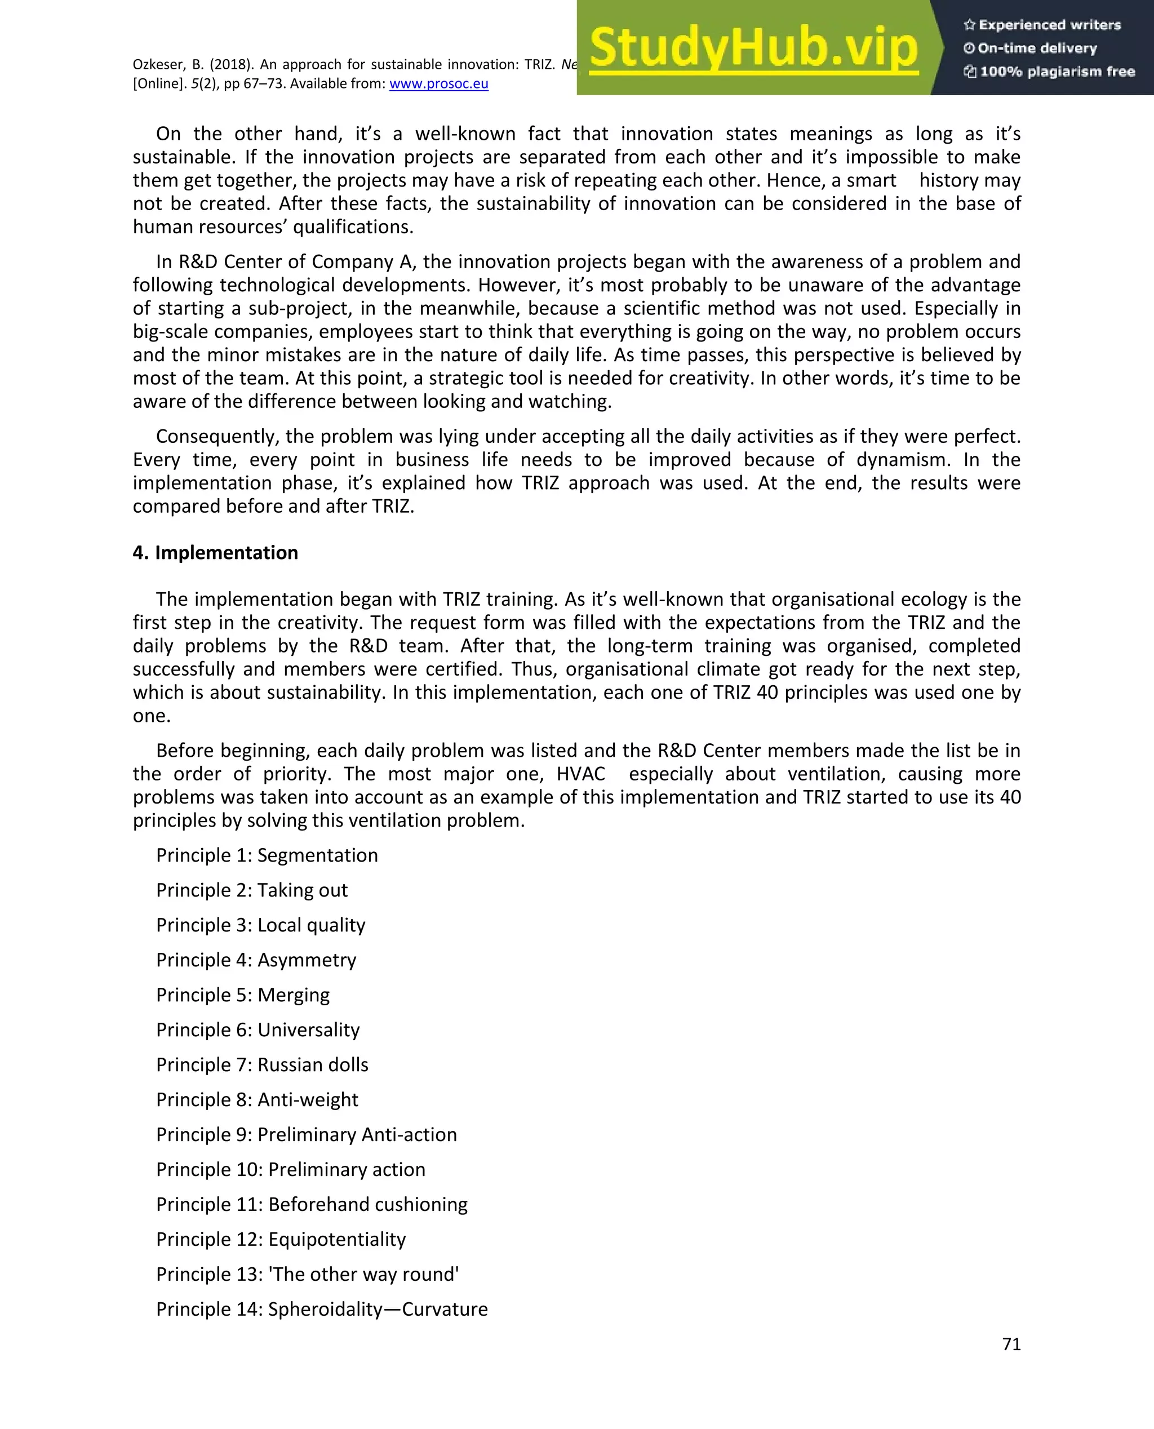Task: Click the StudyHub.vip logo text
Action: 753,48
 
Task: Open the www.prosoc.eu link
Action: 439,84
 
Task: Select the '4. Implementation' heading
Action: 215,552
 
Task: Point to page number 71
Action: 1010,1344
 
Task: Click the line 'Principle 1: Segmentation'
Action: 267,855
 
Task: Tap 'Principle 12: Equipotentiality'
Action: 281,1239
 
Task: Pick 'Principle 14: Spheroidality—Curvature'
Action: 322,1309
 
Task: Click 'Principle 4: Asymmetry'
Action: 256,960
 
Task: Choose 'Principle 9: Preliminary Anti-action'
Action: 307,1134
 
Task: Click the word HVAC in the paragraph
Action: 580,774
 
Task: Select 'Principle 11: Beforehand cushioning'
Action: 312,1204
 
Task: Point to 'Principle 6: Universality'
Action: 258,1029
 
